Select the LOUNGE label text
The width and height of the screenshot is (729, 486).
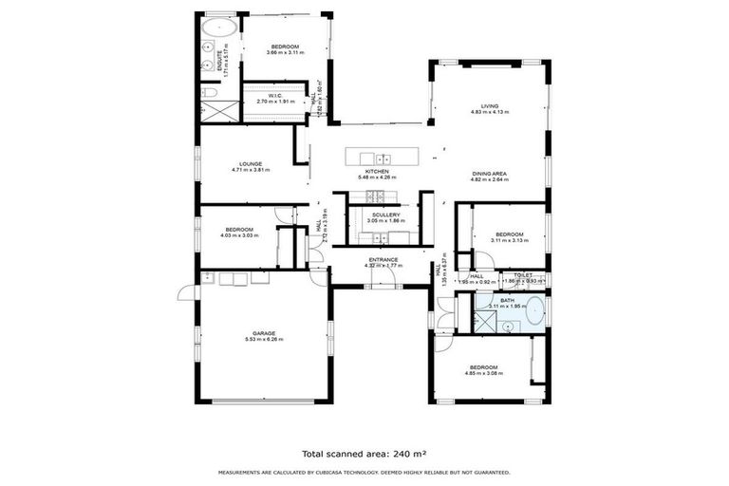tap(251, 163)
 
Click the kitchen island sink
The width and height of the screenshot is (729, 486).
tap(382, 159)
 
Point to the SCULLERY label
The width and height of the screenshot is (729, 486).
tap(385, 215)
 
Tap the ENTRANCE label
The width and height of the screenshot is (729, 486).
tap(383, 259)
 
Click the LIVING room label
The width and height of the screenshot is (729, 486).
tap(490, 106)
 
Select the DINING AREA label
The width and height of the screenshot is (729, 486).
tap(490, 173)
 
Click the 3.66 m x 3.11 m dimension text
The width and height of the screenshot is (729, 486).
tap(285, 53)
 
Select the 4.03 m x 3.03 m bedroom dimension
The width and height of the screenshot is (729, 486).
tap(239, 234)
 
